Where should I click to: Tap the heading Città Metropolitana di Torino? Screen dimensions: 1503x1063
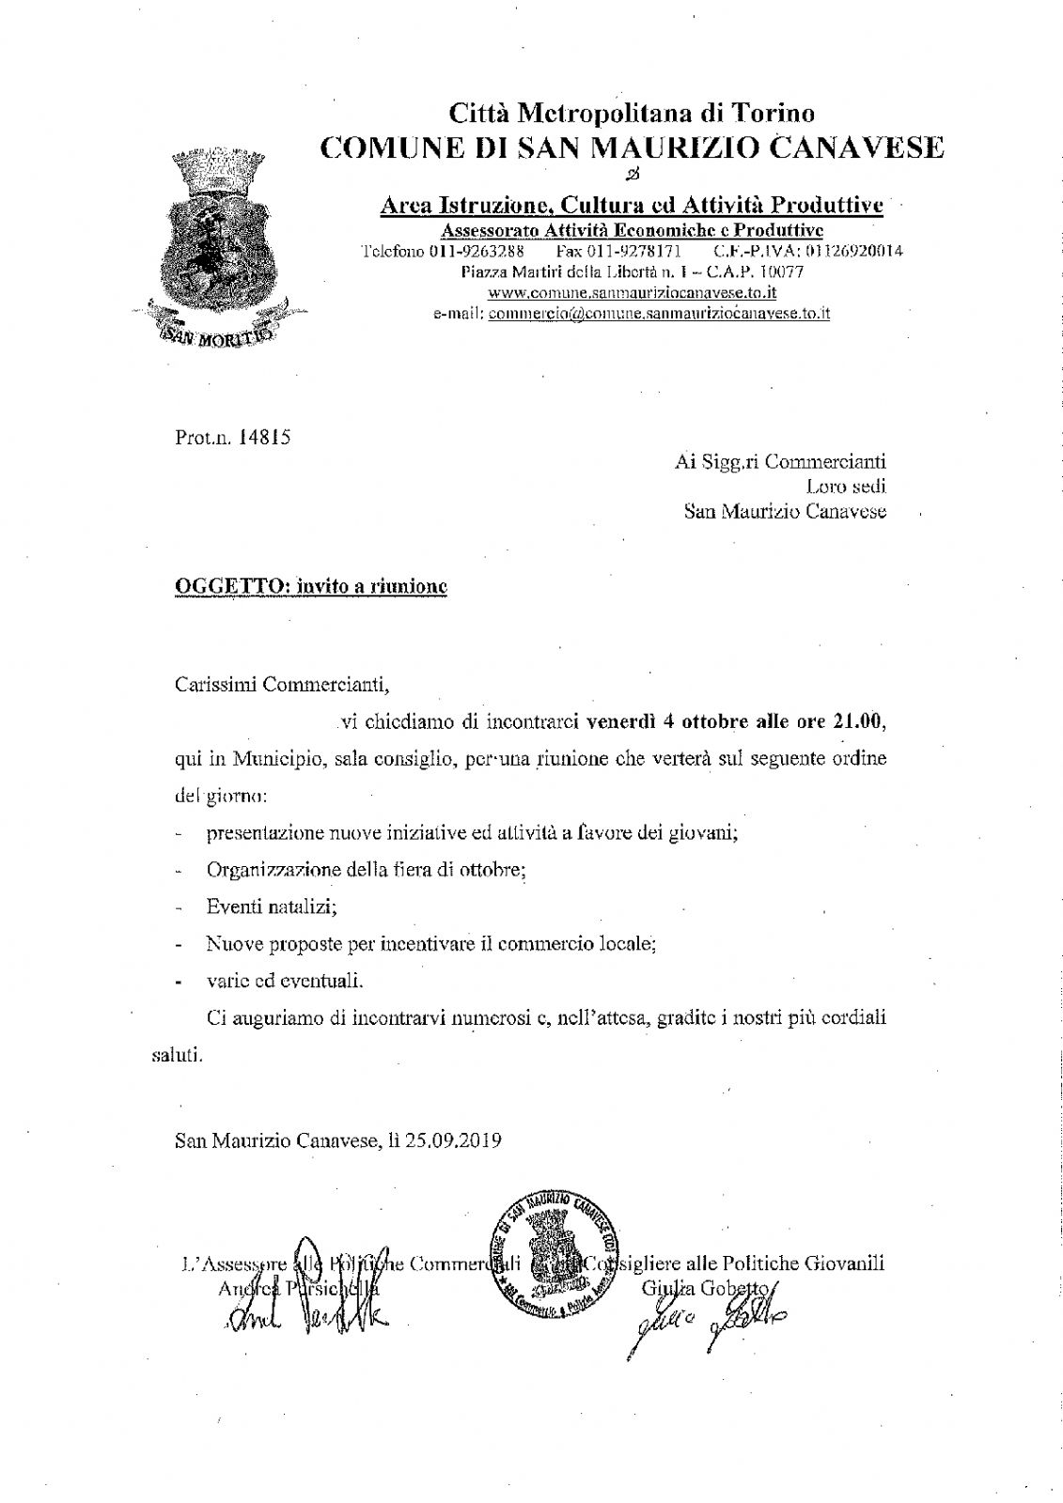(631, 114)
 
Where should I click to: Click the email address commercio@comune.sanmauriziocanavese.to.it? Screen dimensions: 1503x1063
(659, 314)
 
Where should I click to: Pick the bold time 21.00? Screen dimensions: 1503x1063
(858, 722)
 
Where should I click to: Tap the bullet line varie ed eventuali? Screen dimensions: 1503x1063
(284, 980)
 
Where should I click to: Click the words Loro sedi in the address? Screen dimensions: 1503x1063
(846, 487)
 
